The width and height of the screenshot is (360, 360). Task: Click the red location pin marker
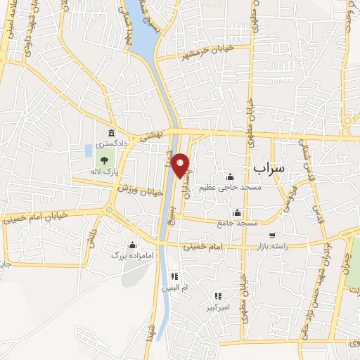point(181,165)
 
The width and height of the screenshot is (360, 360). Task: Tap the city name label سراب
point(268,169)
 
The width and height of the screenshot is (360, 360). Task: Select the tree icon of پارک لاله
point(104,160)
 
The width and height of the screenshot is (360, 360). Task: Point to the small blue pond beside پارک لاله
point(89,150)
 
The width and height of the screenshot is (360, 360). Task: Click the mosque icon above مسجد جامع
point(238,213)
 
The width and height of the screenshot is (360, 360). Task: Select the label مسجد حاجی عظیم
point(230,186)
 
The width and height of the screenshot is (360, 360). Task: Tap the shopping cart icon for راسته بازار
point(272,236)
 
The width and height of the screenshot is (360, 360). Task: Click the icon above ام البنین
point(175,276)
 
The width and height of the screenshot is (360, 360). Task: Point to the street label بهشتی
point(150,137)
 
